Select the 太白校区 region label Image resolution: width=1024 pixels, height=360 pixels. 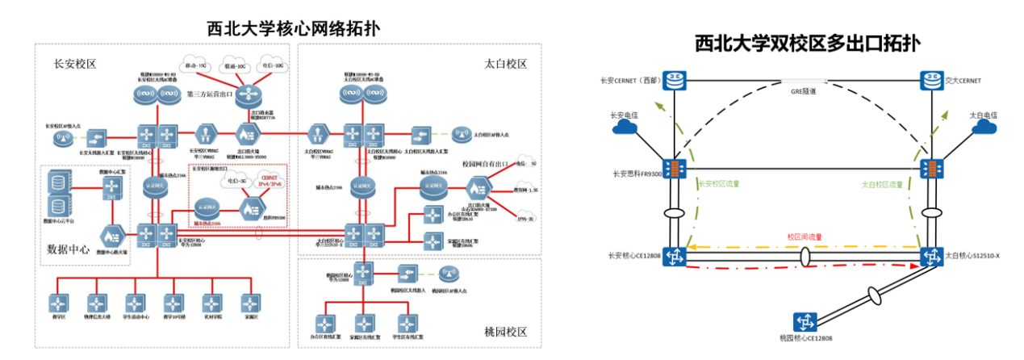click(x=506, y=64)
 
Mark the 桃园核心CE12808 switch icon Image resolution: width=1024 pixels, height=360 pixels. click(x=805, y=321)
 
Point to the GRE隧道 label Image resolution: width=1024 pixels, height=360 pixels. click(x=804, y=92)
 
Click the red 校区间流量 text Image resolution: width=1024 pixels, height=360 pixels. click(x=805, y=237)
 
